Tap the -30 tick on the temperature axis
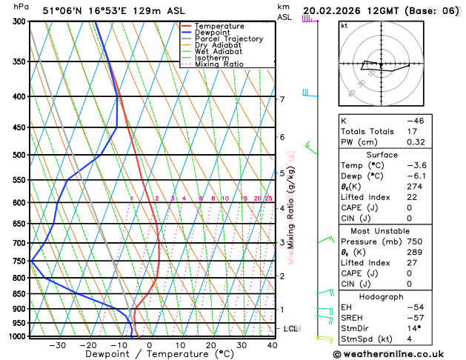coord(57,344)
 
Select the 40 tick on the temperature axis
coord(272,344)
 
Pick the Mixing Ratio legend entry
coord(219,64)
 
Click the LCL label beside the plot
coord(290,328)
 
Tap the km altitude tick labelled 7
coord(282,99)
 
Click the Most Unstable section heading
coord(382,231)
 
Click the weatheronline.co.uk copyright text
coord(398,353)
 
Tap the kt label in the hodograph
coord(344,25)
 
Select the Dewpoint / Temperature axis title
coord(150,355)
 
